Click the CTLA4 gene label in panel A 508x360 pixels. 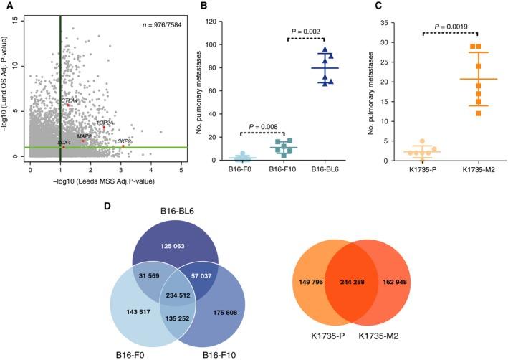click(x=70, y=100)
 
